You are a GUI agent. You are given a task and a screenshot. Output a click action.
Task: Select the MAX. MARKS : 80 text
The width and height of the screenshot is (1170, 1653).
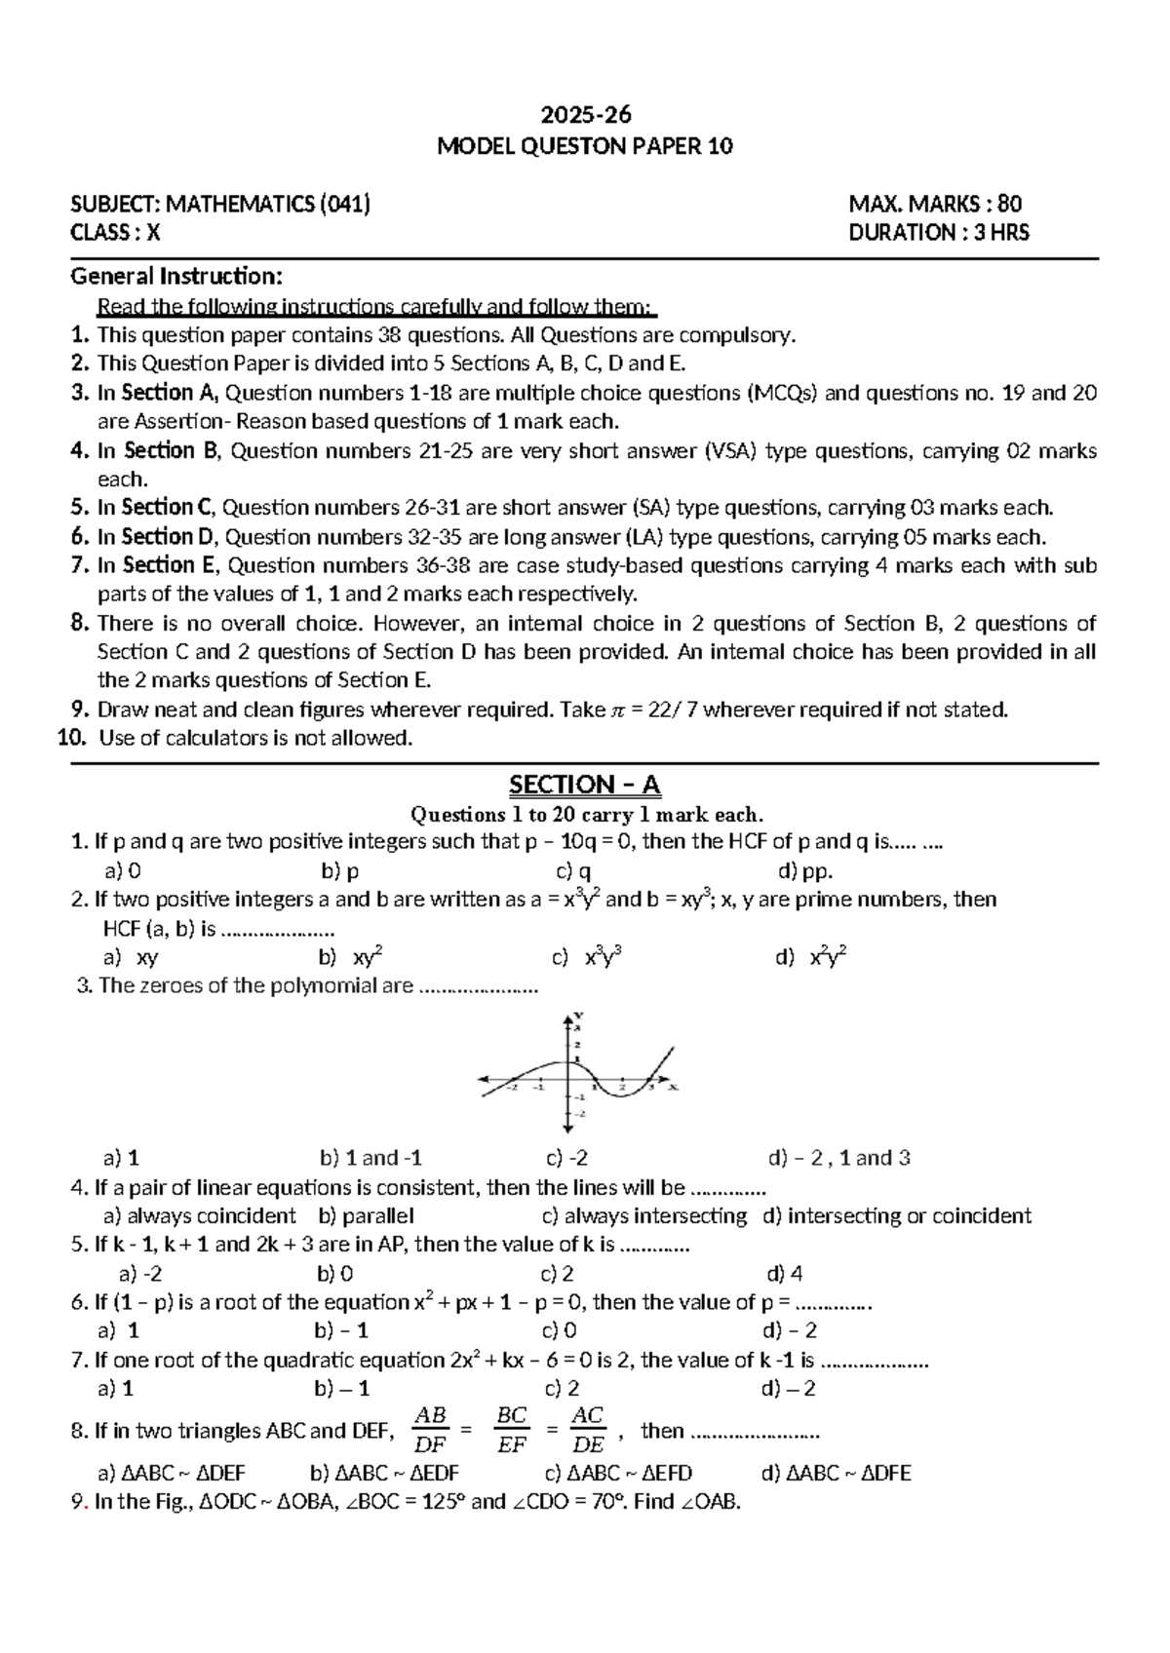(x=935, y=204)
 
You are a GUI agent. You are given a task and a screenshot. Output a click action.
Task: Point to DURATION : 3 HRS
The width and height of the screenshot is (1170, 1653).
(x=938, y=232)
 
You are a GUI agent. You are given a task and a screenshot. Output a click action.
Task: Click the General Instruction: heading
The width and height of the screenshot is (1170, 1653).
(x=176, y=277)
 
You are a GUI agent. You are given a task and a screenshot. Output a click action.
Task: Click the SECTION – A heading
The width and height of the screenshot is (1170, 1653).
(x=585, y=785)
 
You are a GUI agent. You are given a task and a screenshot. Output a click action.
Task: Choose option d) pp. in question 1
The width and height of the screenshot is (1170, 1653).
(x=804, y=871)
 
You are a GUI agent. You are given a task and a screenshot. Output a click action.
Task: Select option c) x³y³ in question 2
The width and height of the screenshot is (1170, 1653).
(x=588, y=958)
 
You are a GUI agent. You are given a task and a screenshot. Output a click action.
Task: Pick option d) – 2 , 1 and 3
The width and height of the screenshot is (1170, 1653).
(x=839, y=1158)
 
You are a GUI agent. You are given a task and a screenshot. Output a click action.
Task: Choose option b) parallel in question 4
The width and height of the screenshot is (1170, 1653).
(x=367, y=1215)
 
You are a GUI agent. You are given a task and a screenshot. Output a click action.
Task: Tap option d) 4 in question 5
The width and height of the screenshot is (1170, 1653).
(x=785, y=1273)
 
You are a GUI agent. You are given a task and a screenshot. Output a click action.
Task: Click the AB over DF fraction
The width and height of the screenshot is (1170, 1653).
(x=431, y=1430)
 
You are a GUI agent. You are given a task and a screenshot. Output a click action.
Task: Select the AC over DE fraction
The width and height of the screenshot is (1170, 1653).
(x=588, y=1430)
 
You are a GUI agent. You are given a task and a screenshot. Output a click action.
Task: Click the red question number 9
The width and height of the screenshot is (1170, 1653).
(x=78, y=1502)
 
